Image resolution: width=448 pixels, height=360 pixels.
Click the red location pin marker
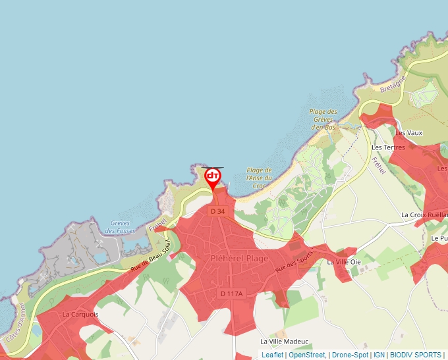click(213, 177)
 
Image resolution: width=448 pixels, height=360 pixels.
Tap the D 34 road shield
click(218, 211)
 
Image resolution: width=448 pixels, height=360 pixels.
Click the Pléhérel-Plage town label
click(239, 259)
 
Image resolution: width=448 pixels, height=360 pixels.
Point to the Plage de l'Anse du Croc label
click(259, 178)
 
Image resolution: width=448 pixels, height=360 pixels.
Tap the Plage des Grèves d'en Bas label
click(323, 119)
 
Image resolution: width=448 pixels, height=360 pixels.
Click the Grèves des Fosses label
click(120, 227)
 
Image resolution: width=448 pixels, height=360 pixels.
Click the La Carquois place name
click(80, 315)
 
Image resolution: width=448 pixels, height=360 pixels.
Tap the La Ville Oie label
click(345, 262)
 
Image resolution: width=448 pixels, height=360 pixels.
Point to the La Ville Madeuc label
click(284, 342)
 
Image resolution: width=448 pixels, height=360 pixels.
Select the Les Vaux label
click(409, 133)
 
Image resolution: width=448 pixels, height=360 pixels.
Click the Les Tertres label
click(388, 147)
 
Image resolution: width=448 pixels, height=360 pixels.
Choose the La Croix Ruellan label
click(424, 215)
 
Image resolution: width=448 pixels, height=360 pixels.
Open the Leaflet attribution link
click(272, 355)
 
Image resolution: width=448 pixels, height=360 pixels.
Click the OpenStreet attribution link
click(307, 355)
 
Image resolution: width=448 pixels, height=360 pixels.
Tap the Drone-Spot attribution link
click(349, 355)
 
